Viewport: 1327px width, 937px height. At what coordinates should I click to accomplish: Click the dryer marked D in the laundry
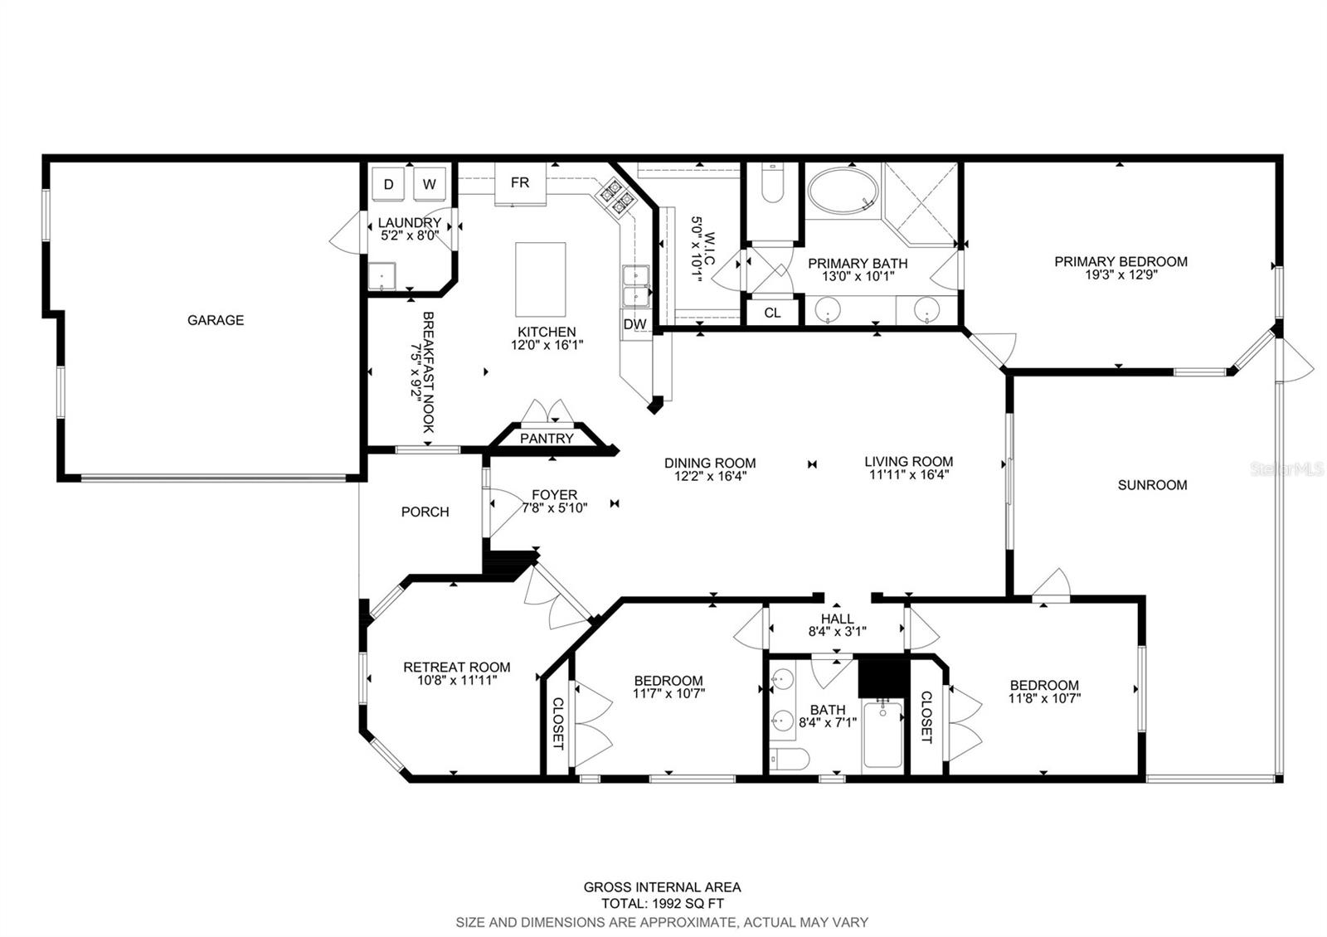pyautogui.click(x=388, y=184)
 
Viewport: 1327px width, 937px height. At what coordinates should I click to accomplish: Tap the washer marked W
pyautogui.click(x=430, y=184)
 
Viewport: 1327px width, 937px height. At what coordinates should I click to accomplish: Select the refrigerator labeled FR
pyautogui.click(x=520, y=183)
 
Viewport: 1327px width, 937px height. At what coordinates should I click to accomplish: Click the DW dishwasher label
pyautogui.click(x=634, y=324)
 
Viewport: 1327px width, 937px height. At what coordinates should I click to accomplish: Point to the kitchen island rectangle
pyautogui.click(x=540, y=279)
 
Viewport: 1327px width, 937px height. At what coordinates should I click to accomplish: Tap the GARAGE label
pyautogui.click(x=216, y=320)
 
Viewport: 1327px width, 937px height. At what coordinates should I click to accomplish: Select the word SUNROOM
pyautogui.click(x=1152, y=485)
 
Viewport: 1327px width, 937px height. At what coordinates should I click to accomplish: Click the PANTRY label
pyautogui.click(x=547, y=439)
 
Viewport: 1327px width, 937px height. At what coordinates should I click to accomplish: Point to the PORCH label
pyautogui.click(x=425, y=512)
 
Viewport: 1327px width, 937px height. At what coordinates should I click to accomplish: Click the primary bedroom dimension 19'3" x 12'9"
pyautogui.click(x=1120, y=274)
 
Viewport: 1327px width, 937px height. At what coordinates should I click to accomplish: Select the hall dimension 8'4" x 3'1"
pyautogui.click(x=837, y=631)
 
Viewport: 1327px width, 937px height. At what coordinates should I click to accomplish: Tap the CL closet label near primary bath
pyautogui.click(x=772, y=313)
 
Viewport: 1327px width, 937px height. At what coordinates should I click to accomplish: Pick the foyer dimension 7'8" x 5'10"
pyautogui.click(x=555, y=507)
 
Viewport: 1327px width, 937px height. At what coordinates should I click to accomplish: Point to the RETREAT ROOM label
pyautogui.click(x=457, y=667)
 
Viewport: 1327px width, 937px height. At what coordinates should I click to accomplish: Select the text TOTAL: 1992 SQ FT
pyautogui.click(x=663, y=903)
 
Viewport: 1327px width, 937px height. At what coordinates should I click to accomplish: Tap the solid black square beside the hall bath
pyautogui.click(x=883, y=677)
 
